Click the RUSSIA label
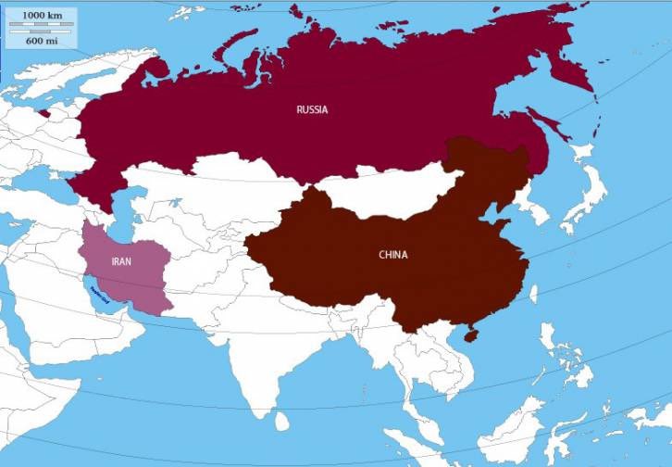pyautogui.click(x=312, y=109)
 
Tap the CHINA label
pyautogui.click(x=392, y=254)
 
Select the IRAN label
pyautogui.click(x=121, y=261)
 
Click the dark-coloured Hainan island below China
pyautogui.click(x=470, y=334)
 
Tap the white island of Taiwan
pyautogui.click(x=533, y=295)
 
